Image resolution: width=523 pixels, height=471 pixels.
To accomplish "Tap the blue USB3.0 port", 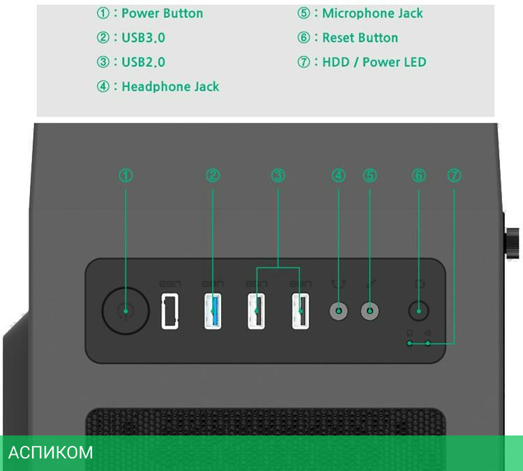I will coord(213,311).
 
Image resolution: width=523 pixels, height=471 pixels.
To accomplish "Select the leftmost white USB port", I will coord(169,311).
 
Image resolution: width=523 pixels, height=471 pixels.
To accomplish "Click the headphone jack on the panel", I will coord(339,311).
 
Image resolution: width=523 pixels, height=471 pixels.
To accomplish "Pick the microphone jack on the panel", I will coord(370,311).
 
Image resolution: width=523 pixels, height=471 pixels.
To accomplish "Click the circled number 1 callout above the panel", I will coord(126,176).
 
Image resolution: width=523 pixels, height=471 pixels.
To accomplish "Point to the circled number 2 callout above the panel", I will coord(213,176).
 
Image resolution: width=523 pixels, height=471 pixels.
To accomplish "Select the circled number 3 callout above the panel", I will coord(278,176).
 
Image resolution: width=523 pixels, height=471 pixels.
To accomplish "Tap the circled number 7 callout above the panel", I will coord(454,176).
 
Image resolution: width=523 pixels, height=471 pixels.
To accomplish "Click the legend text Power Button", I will coord(162,13).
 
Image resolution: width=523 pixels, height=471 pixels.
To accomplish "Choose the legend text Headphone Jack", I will coord(170,86).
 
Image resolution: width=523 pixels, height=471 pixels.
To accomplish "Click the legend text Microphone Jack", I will coord(372,13).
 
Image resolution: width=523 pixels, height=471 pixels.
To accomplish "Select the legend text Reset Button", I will coord(360,38).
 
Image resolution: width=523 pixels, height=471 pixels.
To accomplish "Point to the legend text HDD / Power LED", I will coord(374,62).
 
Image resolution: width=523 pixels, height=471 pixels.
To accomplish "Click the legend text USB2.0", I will coord(143,62).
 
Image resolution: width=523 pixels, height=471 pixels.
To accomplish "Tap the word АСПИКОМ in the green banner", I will coord(50,453).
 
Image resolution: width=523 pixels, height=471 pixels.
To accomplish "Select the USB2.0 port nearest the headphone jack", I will coord(301,311).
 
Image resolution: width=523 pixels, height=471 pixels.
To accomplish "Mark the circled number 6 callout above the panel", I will coord(419,176).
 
